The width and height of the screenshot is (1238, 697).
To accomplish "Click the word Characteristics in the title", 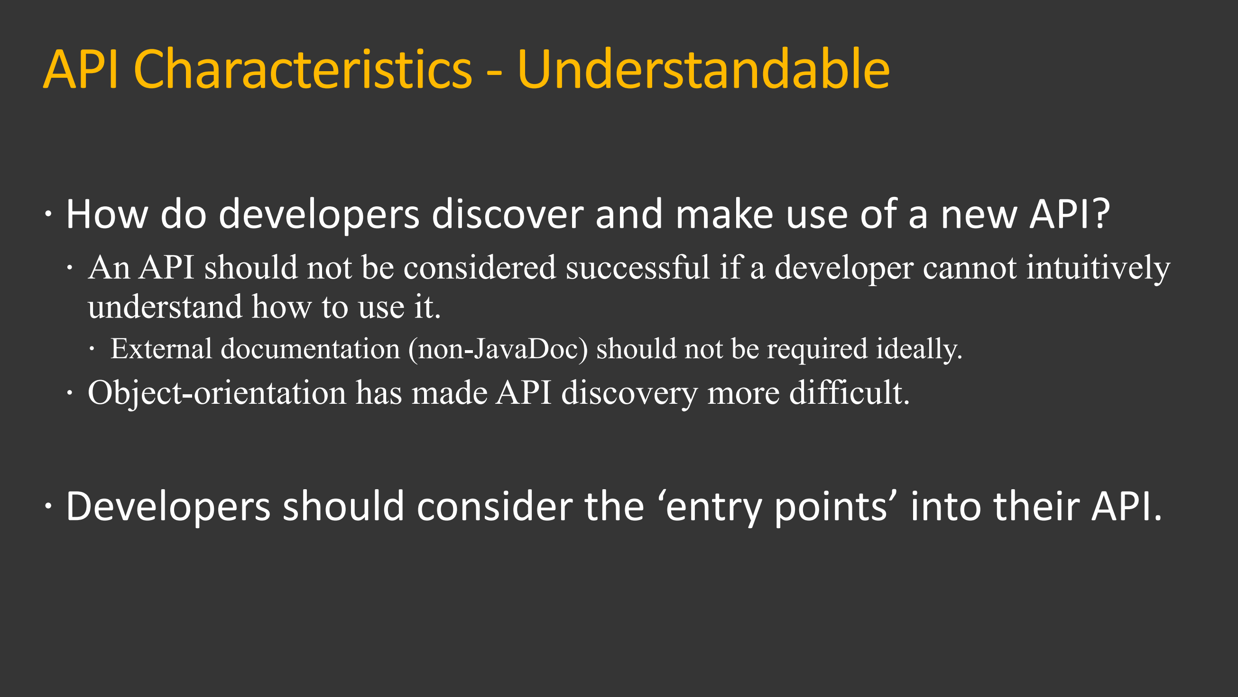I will point(303,70).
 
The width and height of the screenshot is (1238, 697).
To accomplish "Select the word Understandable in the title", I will point(703,70).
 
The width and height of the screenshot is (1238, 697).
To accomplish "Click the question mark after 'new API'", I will point(1101,214).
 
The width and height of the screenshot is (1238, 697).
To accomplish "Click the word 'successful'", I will point(637,267).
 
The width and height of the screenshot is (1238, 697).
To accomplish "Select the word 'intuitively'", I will point(1098,268).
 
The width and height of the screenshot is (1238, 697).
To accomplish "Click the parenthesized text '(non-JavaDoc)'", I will point(498,350).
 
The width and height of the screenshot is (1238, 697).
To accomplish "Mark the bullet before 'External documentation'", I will point(92,350).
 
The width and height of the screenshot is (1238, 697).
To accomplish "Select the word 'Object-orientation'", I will point(217,393).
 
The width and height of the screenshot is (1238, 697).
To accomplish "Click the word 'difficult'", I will point(849,393).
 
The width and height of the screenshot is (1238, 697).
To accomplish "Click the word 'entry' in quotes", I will point(714,508).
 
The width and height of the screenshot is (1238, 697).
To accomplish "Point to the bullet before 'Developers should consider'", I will point(48,506).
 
